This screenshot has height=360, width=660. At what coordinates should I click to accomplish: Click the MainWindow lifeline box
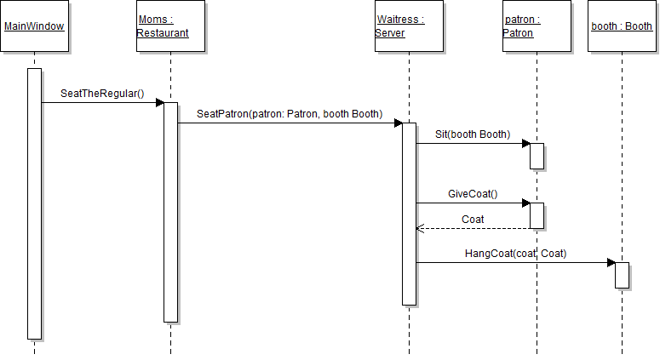(x=34, y=26)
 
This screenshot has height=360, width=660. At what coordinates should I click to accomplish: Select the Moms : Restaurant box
(x=170, y=26)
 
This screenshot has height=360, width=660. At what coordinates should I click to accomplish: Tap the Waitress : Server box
(x=409, y=26)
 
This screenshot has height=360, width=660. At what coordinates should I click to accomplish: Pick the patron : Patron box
(x=537, y=26)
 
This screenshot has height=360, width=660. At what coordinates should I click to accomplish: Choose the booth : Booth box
(x=622, y=26)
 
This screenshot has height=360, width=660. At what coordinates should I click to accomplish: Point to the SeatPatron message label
(x=290, y=114)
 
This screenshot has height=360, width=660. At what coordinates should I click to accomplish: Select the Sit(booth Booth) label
(x=473, y=134)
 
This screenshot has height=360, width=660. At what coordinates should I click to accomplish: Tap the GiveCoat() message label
(x=473, y=194)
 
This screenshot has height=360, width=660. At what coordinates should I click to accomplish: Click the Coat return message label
(x=473, y=220)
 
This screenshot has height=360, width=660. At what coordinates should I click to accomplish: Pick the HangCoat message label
(x=515, y=254)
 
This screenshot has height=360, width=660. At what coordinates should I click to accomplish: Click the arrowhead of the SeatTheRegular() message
(x=159, y=103)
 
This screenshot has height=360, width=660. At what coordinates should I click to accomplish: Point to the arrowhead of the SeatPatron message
(x=398, y=123)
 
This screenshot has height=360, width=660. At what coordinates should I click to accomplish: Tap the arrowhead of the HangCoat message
(x=611, y=263)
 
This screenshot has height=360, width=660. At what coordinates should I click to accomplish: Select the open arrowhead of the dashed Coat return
(x=419, y=228)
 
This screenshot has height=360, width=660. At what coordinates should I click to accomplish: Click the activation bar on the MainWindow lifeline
(x=34, y=204)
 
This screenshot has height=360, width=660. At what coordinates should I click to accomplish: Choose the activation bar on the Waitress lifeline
(x=409, y=213)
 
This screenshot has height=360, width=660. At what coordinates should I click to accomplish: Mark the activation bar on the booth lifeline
(x=622, y=275)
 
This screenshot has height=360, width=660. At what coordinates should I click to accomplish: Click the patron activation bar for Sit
(x=537, y=156)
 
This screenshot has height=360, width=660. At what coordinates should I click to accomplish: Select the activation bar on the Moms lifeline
(x=170, y=213)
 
